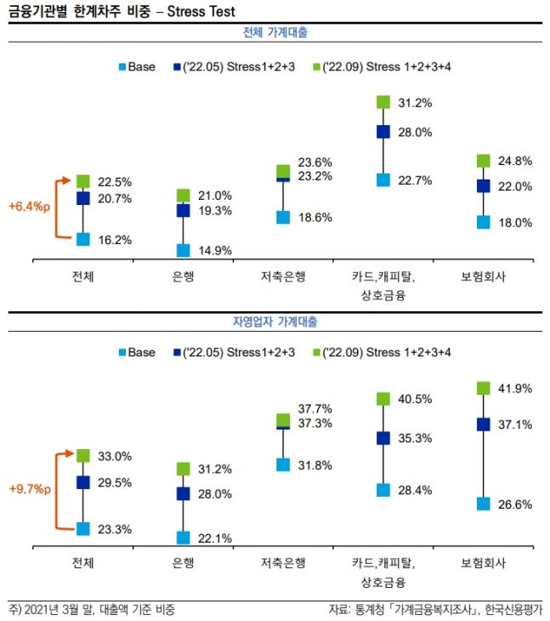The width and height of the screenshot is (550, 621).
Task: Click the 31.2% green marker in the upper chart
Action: (x=383, y=103)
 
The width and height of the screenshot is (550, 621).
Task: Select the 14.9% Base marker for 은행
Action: (x=183, y=250)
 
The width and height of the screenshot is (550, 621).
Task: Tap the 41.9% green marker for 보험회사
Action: (x=483, y=388)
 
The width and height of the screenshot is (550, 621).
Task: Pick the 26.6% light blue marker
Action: (x=483, y=504)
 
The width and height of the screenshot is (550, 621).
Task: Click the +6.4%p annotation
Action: (x=29, y=206)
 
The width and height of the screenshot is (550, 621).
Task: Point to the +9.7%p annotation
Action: (x=29, y=490)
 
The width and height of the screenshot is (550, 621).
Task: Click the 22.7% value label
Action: (x=417, y=180)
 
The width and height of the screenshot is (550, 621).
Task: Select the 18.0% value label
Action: (x=515, y=222)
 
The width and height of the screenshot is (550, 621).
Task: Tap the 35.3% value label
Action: (x=417, y=438)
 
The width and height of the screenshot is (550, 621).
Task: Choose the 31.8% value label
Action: (x=315, y=465)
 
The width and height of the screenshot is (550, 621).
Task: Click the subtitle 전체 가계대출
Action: (x=275, y=33)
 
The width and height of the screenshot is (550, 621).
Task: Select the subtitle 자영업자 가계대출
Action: (x=275, y=322)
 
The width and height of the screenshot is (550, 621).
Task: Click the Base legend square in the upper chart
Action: (x=122, y=66)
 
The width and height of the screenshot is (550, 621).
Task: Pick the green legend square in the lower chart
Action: (x=316, y=351)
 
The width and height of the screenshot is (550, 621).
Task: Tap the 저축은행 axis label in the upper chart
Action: (x=283, y=276)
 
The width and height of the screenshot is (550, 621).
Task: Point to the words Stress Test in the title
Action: (x=204, y=12)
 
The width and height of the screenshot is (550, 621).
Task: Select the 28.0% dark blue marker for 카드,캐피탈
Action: (x=383, y=132)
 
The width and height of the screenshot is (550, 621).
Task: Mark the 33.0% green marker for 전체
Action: (x=83, y=456)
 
